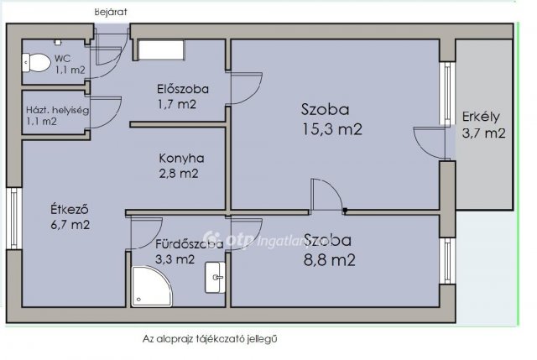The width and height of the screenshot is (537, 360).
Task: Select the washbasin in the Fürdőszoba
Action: coord(215,275)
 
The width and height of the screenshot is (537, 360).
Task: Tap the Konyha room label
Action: coord(181,158)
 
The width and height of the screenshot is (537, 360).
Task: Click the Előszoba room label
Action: coord(182,89)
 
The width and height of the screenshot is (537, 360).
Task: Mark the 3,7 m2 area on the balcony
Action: coord(483,133)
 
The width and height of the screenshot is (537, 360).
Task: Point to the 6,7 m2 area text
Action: coord(69,225)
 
